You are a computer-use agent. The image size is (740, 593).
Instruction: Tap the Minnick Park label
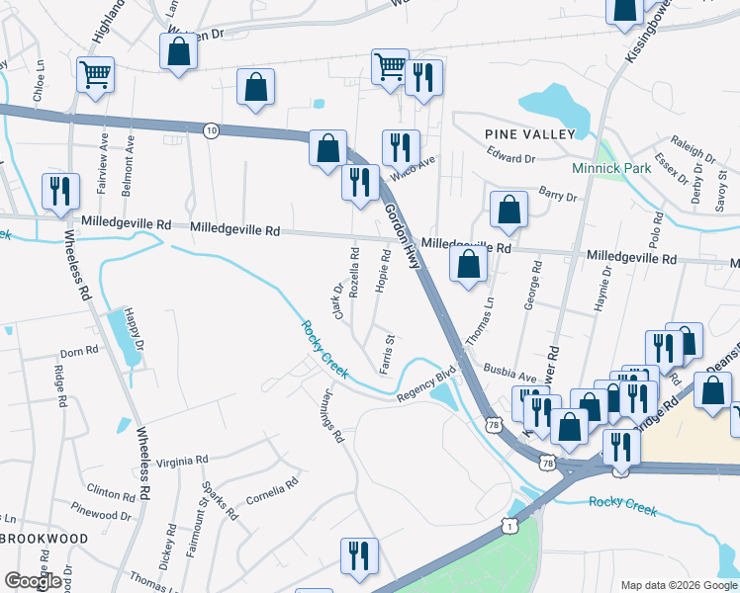tap(611, 168)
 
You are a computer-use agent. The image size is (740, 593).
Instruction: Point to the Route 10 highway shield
tap(211, 129)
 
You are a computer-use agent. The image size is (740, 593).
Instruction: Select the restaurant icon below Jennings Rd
tap(357, 555)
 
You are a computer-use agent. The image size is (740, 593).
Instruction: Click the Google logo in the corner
tap(34, 581)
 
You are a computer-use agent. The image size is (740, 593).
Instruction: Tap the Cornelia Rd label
tap(272, 491)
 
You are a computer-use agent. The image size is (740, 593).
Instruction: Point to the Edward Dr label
tap(510, 156)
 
